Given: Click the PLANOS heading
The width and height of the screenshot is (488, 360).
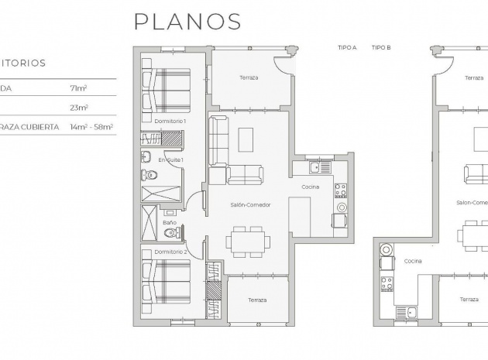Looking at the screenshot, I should point(187,21).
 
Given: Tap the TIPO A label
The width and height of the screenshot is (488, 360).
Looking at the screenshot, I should point(346,48).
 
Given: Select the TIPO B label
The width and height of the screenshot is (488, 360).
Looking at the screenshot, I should point(380,48).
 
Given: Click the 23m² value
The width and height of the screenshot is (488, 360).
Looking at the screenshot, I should point(79,108).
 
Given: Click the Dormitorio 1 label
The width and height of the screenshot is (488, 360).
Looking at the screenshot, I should point(170,122).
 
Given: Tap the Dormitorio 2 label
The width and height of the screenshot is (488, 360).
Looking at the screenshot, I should point(170,252).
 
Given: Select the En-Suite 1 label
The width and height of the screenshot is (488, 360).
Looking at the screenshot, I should point(170,159).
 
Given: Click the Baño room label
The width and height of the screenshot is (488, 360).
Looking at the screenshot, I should point(170,223).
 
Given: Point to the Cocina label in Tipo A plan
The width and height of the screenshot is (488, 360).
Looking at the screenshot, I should point(311,187).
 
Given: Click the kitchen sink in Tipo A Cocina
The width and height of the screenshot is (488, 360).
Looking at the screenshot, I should point(315,166).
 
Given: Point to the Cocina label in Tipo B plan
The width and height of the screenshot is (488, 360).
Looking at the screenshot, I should point(413,261).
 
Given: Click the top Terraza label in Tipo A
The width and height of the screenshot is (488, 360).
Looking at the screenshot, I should point(248,77).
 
